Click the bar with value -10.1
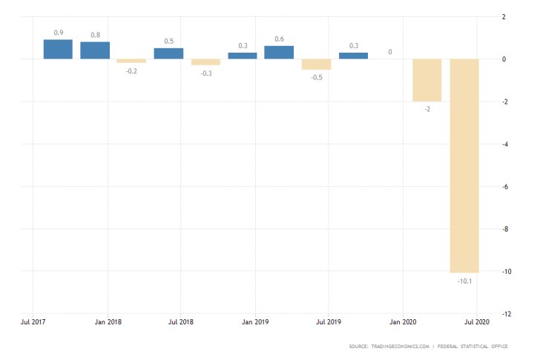pyautogui.click(x=464, y=166)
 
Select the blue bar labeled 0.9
pyautogui.click(x=58, y=49)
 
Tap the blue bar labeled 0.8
pyautogui.click(x=95, y=50)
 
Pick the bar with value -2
pyautogui.click(x=427, y=80)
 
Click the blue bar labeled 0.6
pyautogui.click(x=279, y=53)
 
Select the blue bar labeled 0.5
pyautogui.click(x=168, y=53)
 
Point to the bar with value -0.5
pyautogui.click(x=316, y=64)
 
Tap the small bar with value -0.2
pyautogui.click(x=131, y=61)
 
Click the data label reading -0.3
pyautogui.click(x=205, y=73)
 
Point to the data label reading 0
pyautogui.click(x=390, y=52)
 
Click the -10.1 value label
pyautogui.click(x=464, y=281)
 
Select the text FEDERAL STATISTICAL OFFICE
pyautogui.click(x=478, y=347)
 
